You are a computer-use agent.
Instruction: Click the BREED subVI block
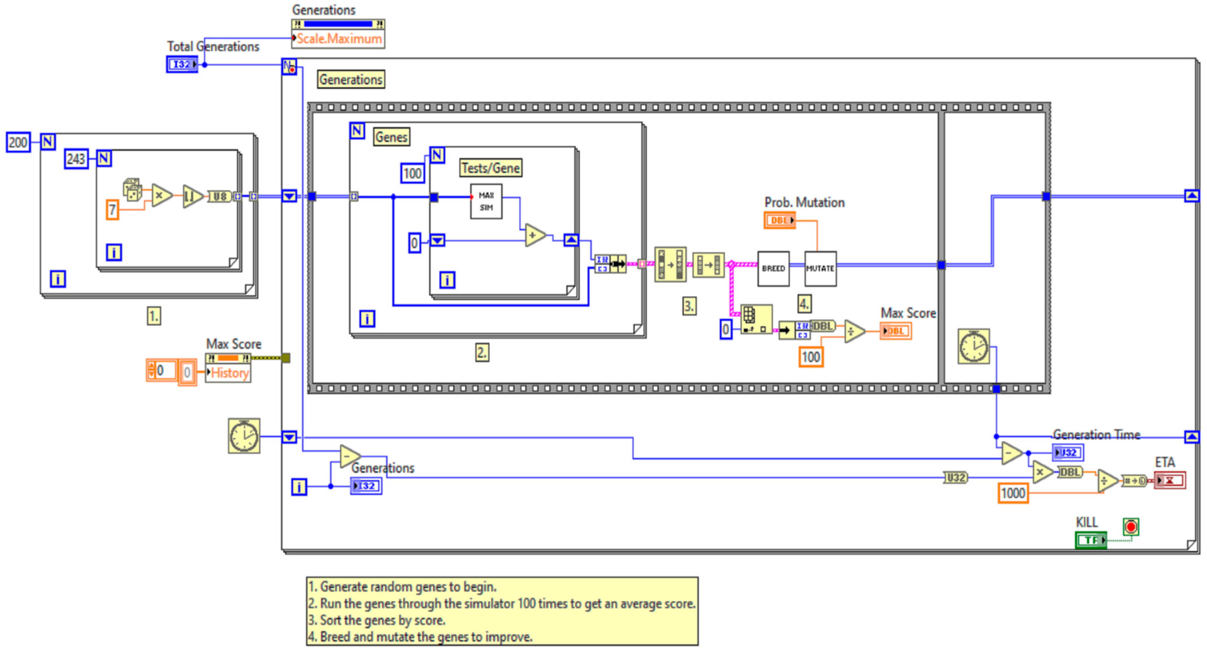coord(773,269)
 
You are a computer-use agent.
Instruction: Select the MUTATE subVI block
coord(820,269)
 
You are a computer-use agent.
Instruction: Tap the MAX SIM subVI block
coord(486,202)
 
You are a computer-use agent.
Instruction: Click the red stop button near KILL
coord(1131,527)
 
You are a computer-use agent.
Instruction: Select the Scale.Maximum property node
coord(338,39)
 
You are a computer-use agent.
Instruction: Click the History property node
coord(229,373)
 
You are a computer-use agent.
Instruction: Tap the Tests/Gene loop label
coord(490,168)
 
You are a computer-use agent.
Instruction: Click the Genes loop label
coord(391,137)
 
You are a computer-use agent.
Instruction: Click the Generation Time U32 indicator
coord(1067,453)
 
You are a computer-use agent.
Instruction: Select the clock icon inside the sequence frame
coord(973,347)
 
